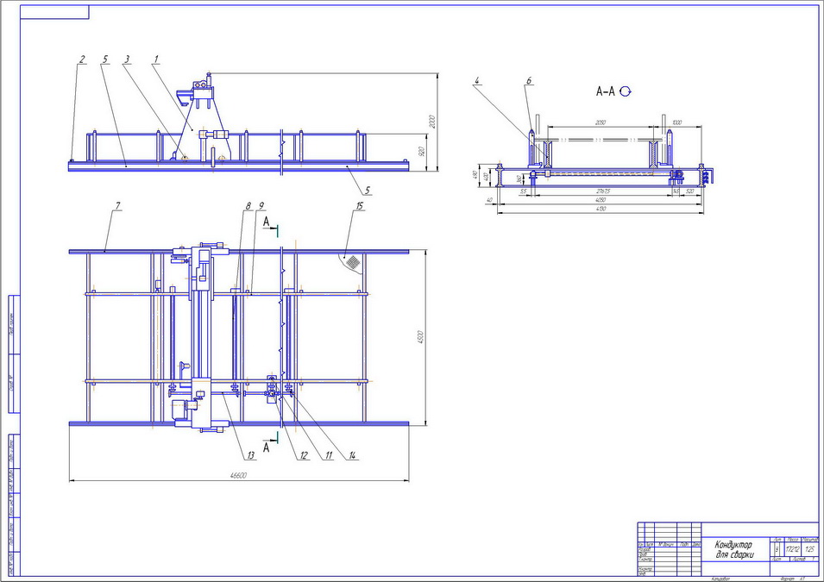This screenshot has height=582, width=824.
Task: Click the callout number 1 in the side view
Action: click(156, 59)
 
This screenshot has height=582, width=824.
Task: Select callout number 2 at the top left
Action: click(82, 59)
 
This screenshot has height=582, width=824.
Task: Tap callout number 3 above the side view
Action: click(127, 59)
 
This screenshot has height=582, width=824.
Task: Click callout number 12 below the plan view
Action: click(304, 455)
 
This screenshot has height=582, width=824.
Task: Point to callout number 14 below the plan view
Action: click(353, 455)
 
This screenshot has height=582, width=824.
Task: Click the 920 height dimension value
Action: click(421, 150)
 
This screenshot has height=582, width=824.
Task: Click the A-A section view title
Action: click(607, 91)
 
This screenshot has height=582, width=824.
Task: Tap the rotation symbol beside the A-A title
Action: click(626, 91)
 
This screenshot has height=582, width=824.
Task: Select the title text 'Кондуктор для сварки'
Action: click(733, 549)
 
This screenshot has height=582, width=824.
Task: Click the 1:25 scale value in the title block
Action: click(809, 548)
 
